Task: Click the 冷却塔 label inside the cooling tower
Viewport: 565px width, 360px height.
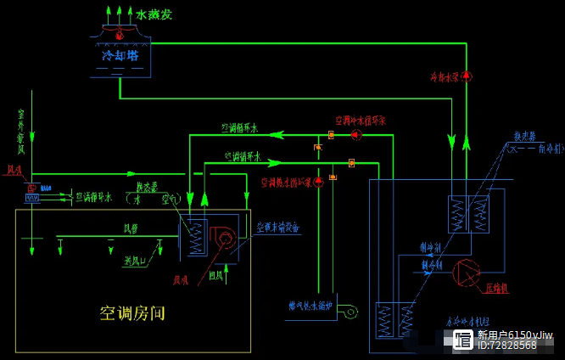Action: [x=120, y=55]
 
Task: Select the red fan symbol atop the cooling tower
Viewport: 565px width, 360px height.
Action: [x=119, y=35]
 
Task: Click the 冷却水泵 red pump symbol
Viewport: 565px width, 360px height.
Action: [x=466, y=76]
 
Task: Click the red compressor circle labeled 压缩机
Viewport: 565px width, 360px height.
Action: [x=466, y=273]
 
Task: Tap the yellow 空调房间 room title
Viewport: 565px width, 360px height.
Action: [x=132, y=313]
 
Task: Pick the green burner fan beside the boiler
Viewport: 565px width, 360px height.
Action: [x=347, y=312]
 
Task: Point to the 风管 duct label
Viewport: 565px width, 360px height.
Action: [x=131, y=228]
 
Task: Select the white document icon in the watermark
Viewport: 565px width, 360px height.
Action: [x=462, y=340]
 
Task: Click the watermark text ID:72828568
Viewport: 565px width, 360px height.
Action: [x=506, y=346]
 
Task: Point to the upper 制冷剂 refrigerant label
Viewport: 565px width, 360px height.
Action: [x=432, y=247]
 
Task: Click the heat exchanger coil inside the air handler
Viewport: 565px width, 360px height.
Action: [x=197, y=238]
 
